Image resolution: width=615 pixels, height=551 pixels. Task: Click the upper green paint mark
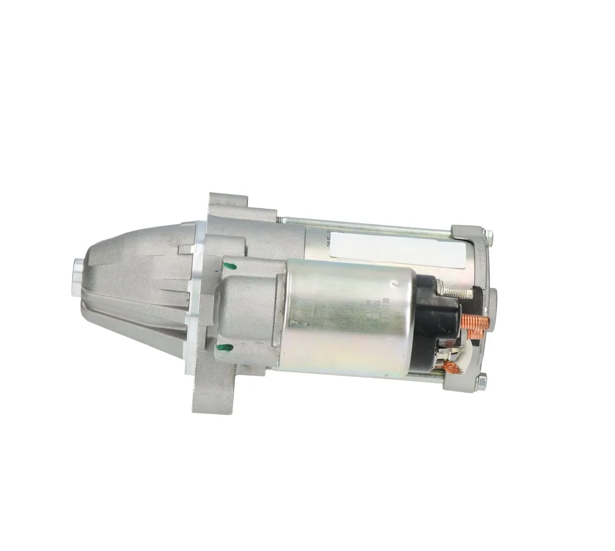coord(230,266)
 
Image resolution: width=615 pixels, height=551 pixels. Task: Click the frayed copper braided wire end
coord(451,366)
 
